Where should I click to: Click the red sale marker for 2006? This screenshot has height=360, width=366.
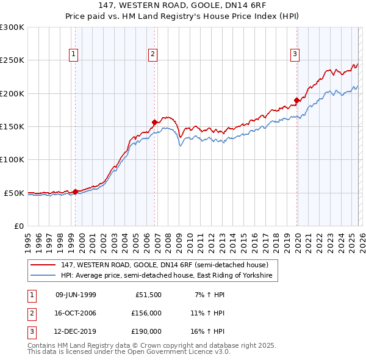155,122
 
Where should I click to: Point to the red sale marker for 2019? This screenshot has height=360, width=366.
296,100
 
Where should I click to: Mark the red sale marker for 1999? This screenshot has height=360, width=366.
75,192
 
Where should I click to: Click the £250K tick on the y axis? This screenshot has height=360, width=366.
12,60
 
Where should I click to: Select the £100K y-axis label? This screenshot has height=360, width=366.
12,160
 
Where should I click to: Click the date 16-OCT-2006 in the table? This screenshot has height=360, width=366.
76,313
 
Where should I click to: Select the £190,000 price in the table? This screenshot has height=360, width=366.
146,331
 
